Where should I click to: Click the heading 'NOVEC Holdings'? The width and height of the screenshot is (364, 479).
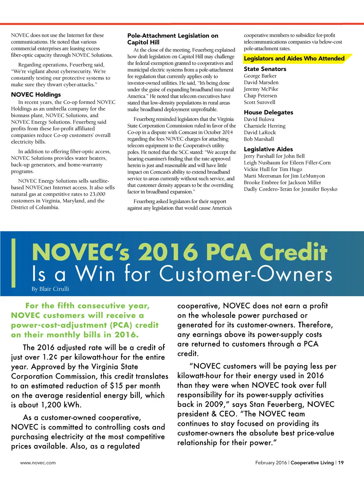coord(36,94)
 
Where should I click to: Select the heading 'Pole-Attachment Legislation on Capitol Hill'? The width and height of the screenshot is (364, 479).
coord(173,39)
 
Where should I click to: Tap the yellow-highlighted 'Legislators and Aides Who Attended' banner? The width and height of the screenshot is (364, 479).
coord(294,59)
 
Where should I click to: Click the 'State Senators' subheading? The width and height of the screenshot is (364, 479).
coord(265,69)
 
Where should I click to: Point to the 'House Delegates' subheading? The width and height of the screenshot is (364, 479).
coord(268,112)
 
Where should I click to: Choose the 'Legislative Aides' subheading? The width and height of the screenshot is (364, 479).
coord(268,149)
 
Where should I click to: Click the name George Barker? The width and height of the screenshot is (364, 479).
coord(260,76)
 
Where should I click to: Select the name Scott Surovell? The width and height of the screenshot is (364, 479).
coord(259,102)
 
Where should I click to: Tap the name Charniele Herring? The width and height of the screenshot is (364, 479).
coord(264,126)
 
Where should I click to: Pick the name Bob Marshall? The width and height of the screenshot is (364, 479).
coord(259,139)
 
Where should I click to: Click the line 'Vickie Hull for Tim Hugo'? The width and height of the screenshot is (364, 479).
coord(273,169)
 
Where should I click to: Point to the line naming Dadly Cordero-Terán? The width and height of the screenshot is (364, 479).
coord(290,189)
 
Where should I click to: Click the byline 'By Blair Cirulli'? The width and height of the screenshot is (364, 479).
coord(50,289)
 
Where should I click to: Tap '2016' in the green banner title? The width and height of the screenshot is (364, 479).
coord(167,252)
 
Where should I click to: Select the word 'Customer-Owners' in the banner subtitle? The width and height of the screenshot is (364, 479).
coord(246,274)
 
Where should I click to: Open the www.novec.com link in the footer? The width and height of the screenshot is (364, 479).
coord(38,463)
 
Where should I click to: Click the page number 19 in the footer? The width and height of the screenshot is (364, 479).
coord(341,463)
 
